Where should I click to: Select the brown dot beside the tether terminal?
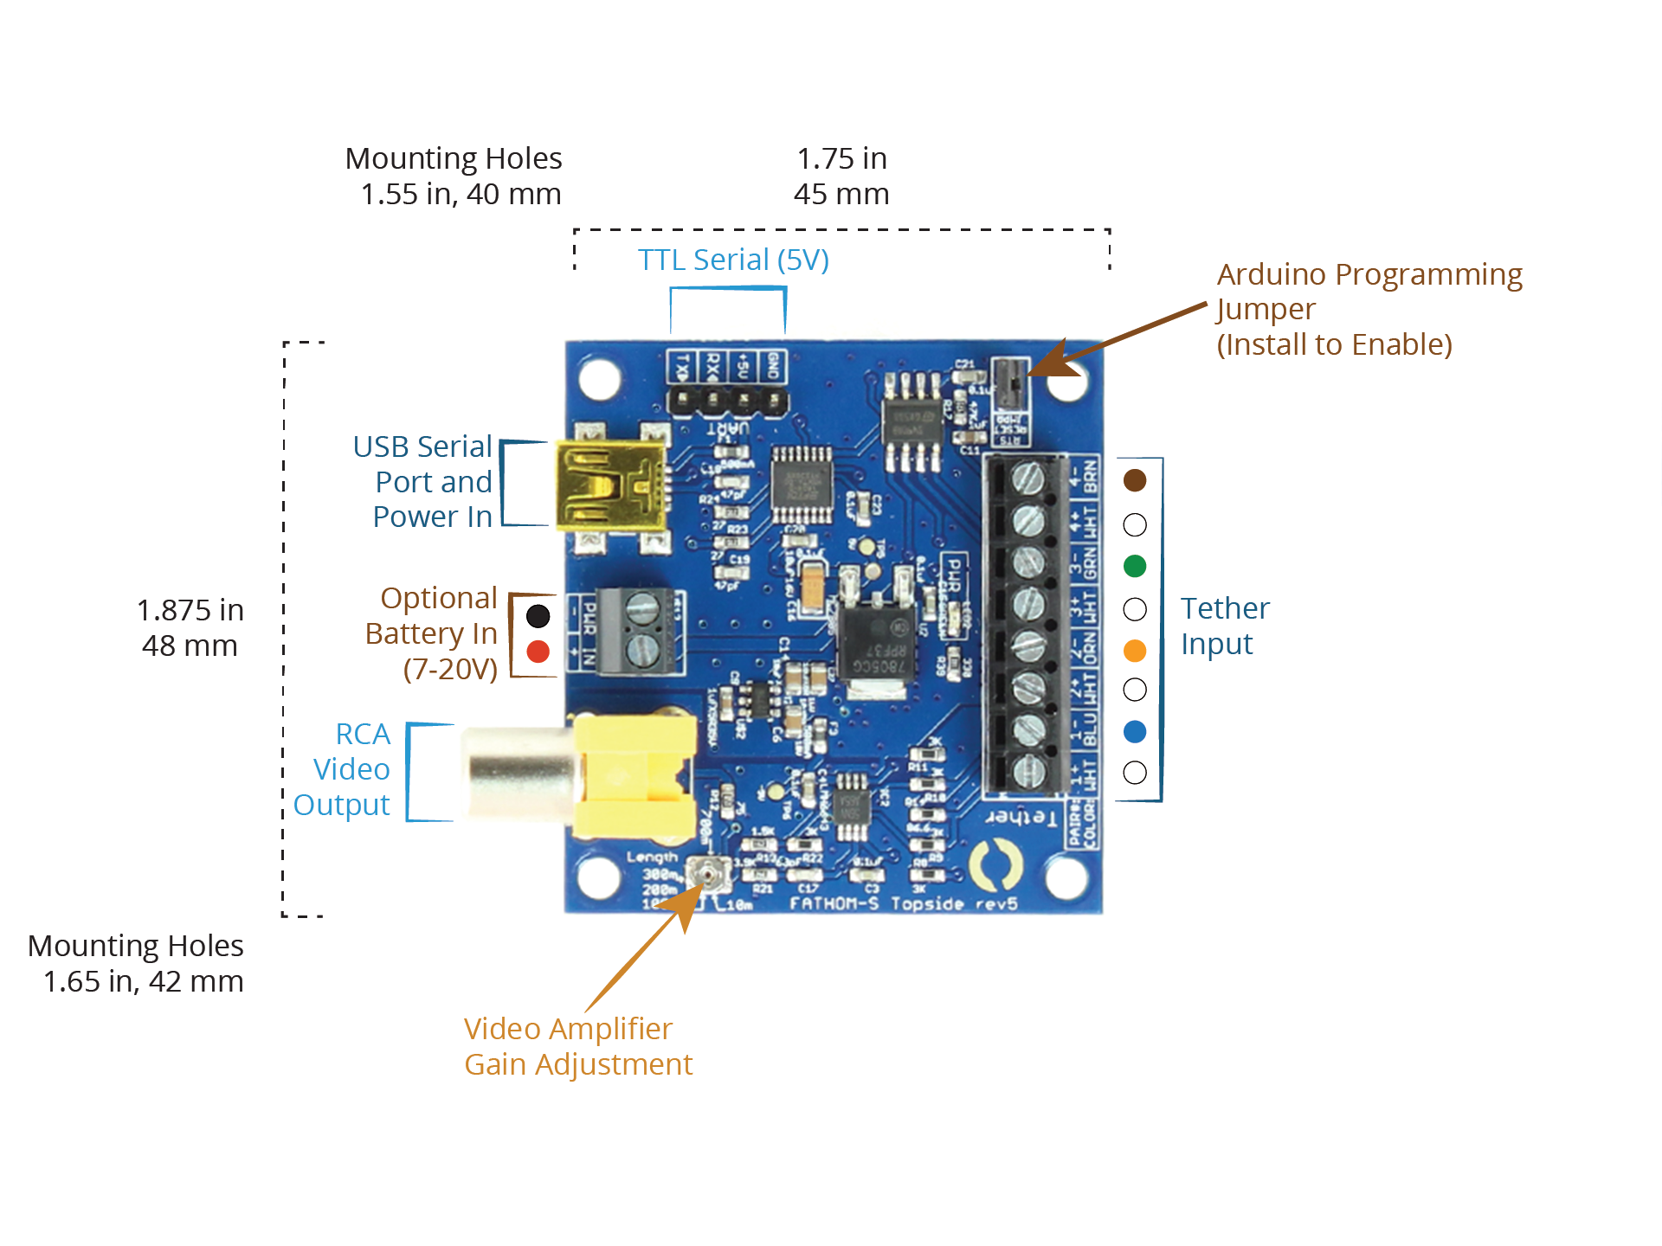tap(1134, 480)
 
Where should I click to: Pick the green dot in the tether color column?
tap(1134, 566)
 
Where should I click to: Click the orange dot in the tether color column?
tap(1134, 650)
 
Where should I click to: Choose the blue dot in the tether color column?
tap(1134, 731)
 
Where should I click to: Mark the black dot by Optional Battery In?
tap(538, 615)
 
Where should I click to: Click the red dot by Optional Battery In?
tap(538, 652)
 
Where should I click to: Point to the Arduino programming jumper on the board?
tap(1008, 382)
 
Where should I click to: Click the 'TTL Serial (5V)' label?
tap(733, 260)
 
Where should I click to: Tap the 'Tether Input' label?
tap(1224, 626)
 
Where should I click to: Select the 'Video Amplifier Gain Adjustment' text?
tap(577, 1046)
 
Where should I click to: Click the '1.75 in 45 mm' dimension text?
tap(841, 176)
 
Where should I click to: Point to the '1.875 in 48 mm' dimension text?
tap(190, 627)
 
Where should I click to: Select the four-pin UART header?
tap(727, 401)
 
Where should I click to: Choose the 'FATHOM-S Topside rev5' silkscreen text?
tap(903, 903)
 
